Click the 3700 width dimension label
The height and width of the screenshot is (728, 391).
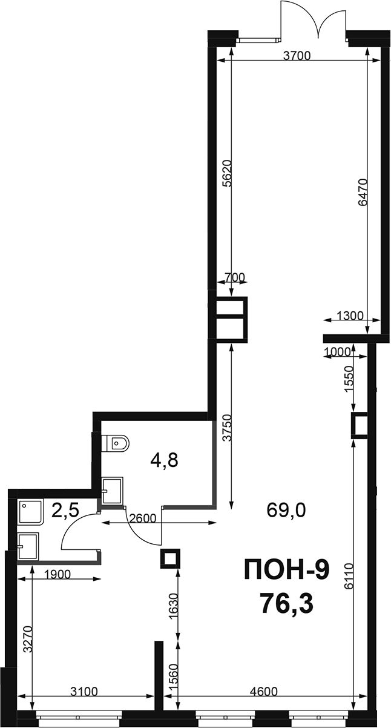tap(297, 56)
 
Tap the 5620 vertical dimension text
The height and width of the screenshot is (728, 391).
tap(228, 173)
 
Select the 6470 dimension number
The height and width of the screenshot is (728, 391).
tap(363, 193)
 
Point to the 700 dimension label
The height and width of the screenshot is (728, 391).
tap(234, 277)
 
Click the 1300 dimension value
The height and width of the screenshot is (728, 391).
tap(350, 316)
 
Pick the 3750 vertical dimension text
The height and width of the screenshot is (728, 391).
tap(229, 428)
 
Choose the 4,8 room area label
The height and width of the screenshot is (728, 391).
tap(165, 460)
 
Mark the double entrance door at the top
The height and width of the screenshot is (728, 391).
tap(314, 20)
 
